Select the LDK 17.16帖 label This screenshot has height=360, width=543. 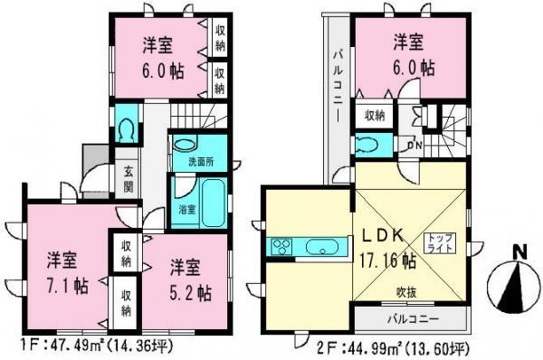(x=390, y=247)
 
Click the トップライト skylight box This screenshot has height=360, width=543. (x=441, y=242)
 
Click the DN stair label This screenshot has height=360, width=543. (x=414, y=142)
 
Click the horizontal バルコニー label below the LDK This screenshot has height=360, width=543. (x=414, y=318)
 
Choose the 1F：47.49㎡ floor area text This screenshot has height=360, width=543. (x=87, y=346)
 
